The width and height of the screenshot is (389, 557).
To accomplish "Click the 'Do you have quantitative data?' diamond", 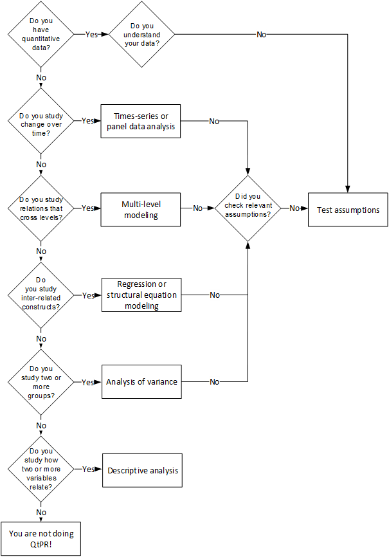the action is (x=41, y=35).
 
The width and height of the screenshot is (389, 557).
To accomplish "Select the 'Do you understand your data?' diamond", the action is (x=141, y=35).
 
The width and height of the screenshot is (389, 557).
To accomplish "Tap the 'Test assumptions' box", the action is (x=348, y=210).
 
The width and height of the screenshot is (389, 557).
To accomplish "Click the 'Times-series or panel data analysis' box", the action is (x=141, y=121).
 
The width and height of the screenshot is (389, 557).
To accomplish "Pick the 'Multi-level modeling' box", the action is (x=141, y=210).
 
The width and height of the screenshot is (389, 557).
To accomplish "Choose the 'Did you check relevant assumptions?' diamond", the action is (x=248, y=208).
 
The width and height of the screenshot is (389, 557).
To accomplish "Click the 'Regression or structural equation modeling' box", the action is (x=141, y=295).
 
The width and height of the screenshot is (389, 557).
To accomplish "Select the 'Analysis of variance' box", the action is (x=141, y=381).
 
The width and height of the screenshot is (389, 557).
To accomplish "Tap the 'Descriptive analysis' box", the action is (x=143, y=470).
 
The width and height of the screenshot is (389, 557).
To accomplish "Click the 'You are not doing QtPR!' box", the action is (x=41, y=539).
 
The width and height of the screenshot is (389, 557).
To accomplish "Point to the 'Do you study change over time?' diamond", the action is (x=41, y=121).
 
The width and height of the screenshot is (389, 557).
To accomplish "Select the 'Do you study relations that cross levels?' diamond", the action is (x=41, y=208).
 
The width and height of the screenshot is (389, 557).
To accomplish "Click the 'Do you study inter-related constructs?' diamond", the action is (x=41, y=295).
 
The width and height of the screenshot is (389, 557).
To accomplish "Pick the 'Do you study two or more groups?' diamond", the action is (x=41, y=382).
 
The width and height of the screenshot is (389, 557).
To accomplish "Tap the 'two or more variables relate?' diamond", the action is (x=41, y=469).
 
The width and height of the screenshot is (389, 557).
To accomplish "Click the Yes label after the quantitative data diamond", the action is (x=91, y=35).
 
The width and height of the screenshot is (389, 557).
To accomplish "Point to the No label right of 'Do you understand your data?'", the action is (x=262, y=35).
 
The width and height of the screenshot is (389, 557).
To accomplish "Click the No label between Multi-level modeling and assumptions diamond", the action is (x=198, y=208).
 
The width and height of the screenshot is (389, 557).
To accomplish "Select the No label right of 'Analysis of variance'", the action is (x=215, y=382).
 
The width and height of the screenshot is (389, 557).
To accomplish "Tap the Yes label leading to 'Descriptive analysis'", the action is (x=88, y=470).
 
